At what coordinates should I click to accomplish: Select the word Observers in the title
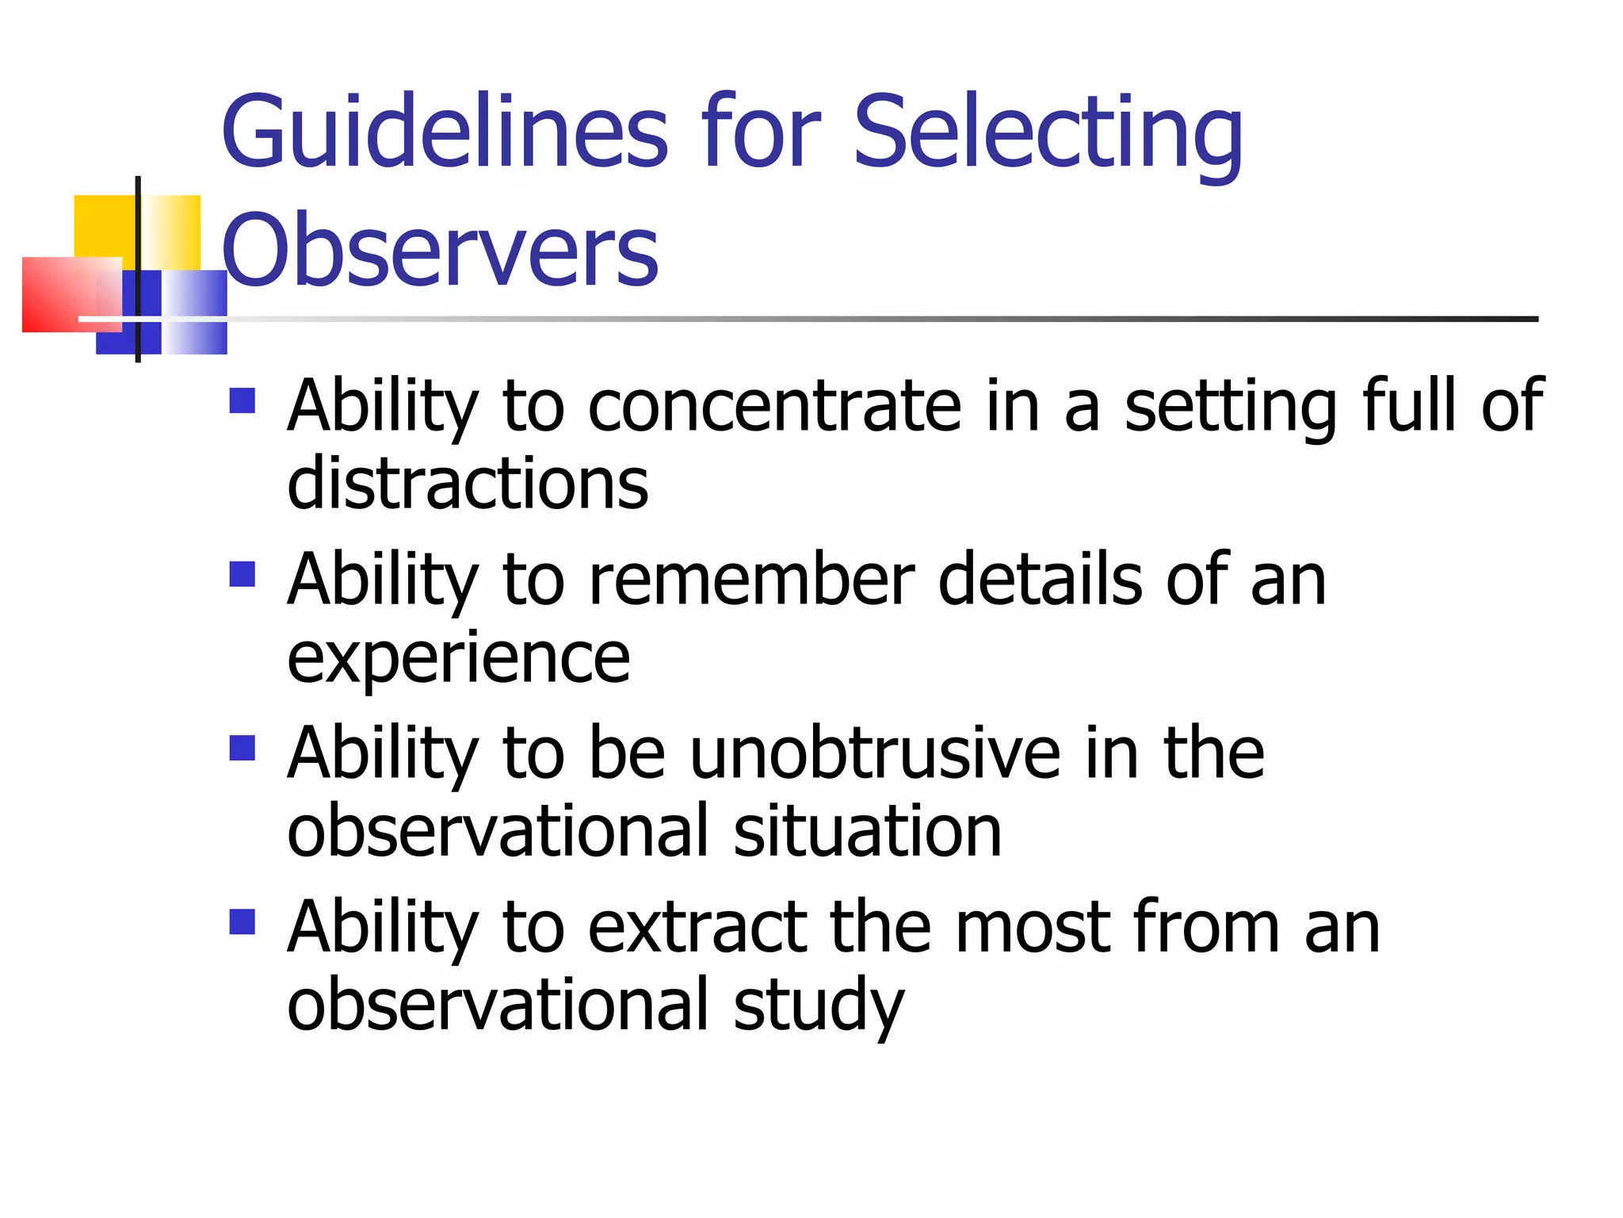point(441,249)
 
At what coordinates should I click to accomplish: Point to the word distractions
point(468,483)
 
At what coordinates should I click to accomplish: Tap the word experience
point(458,658)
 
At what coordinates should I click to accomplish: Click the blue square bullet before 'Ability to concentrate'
point(242,400)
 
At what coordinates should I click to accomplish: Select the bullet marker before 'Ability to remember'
point(242,573)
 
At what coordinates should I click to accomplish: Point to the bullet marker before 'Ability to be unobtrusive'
point(242,748)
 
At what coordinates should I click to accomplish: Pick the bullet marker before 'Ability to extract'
point(242,921)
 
